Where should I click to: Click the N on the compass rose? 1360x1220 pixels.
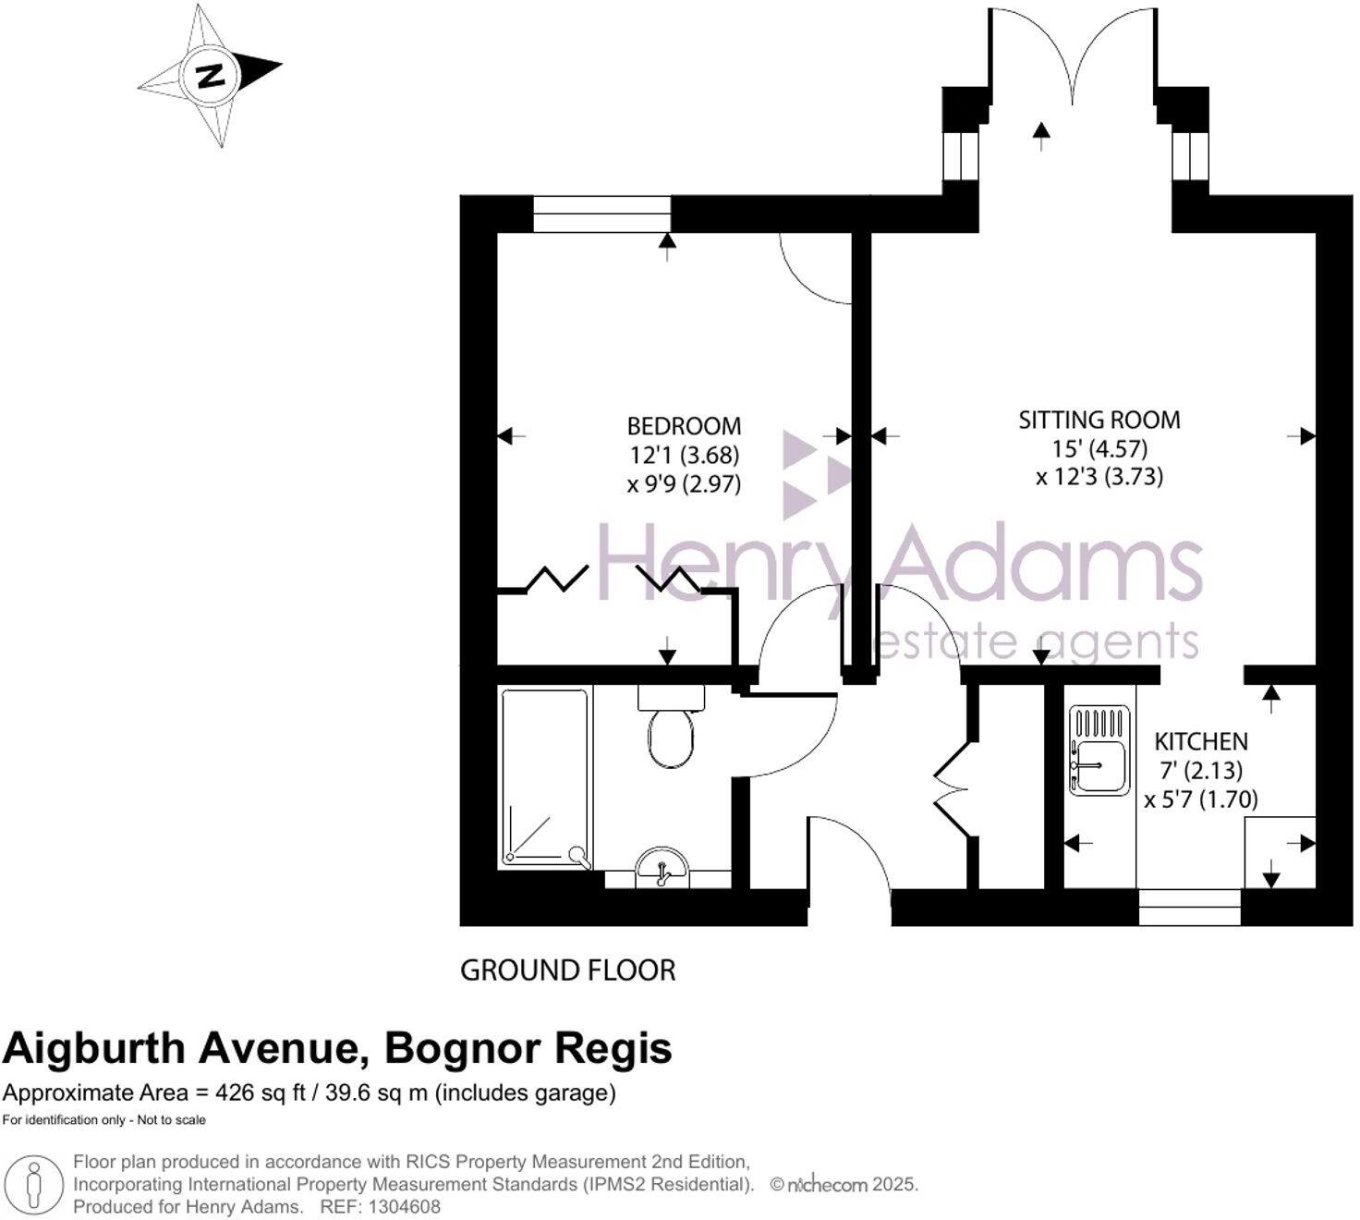point(212,75)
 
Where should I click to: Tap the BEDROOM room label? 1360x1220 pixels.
point(684,426)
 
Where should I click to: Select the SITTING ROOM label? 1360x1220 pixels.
point(1099,420)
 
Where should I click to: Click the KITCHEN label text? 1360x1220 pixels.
point(1201,741)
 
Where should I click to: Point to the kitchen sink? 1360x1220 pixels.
point(1099,750)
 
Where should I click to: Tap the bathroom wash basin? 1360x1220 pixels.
point(662,867)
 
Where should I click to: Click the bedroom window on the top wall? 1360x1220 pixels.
point(601,213)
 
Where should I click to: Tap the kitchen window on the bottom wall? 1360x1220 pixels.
point(1189,907)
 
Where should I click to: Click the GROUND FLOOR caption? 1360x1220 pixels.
point(567,970)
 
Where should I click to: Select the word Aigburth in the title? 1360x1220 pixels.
point(96,1049)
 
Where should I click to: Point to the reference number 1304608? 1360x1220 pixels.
point(405,1207)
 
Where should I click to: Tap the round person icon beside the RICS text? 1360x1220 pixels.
point(35,1184)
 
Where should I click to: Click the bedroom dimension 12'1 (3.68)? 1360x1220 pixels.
point(684,455)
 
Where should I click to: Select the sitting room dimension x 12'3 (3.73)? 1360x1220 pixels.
point(1099,477)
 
